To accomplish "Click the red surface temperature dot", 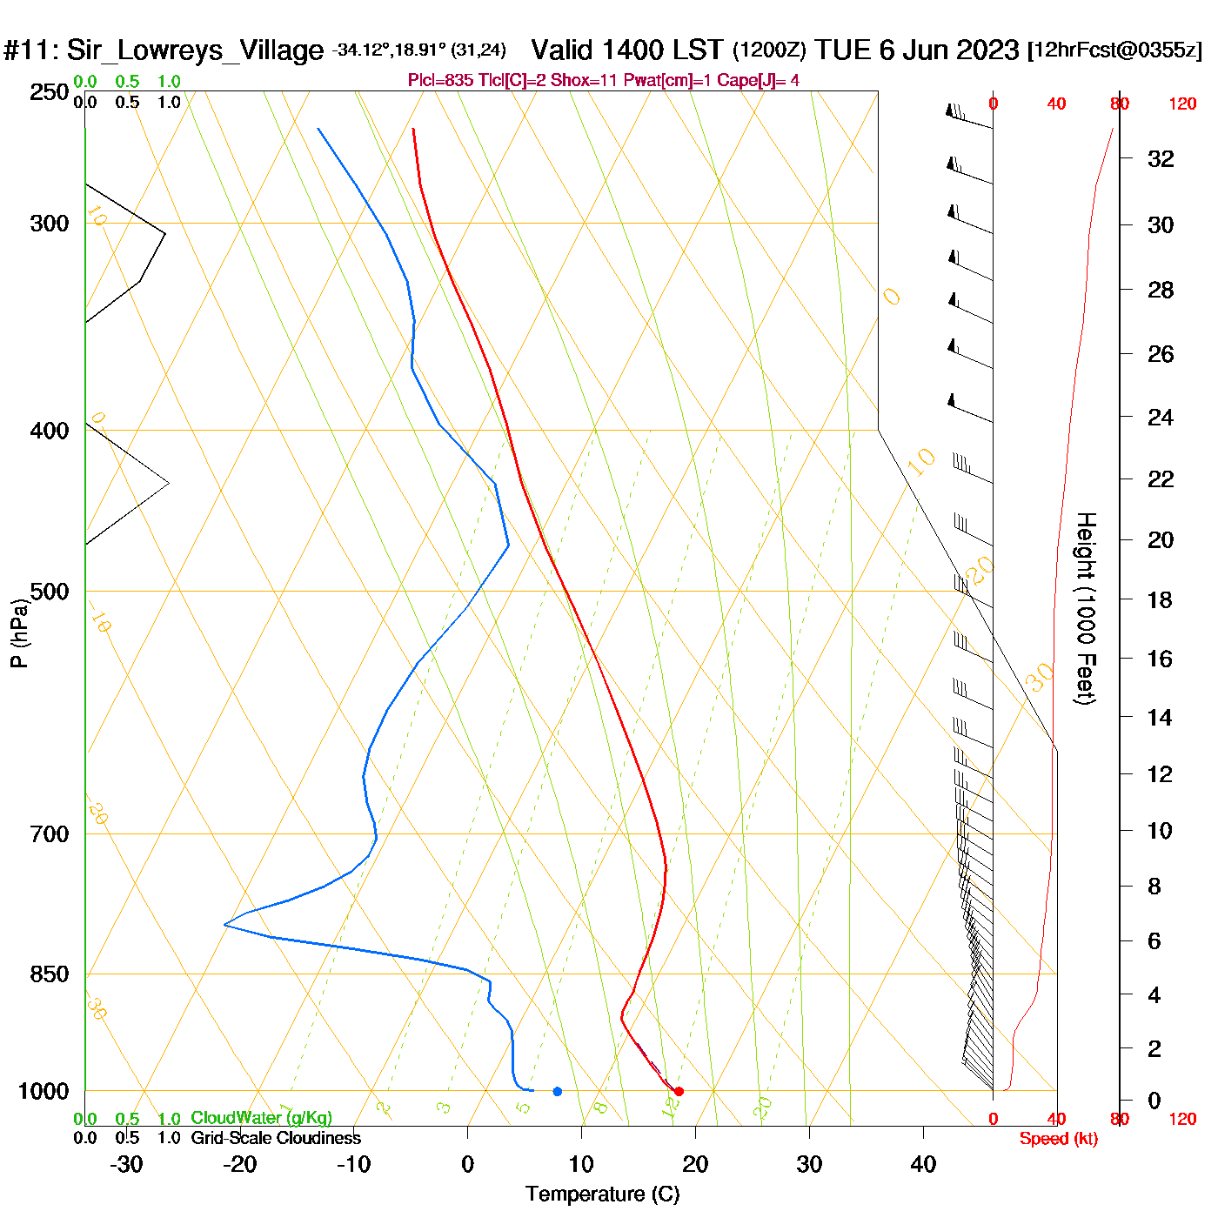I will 679,1091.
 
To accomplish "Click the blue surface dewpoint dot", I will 558,1091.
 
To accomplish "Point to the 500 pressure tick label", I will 50,592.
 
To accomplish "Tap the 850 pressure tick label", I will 50,974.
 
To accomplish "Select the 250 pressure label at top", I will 50,92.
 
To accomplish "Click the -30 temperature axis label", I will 126,1164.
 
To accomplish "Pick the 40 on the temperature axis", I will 923,1164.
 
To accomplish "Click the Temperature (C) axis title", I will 602,1195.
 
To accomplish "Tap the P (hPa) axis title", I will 19,633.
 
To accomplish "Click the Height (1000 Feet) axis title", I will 1086,608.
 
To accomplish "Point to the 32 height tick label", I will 1161,158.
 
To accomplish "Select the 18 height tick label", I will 1160,599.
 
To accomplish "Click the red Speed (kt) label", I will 1058,1139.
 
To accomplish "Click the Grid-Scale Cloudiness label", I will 276,1138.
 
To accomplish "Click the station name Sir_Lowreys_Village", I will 195,50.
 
